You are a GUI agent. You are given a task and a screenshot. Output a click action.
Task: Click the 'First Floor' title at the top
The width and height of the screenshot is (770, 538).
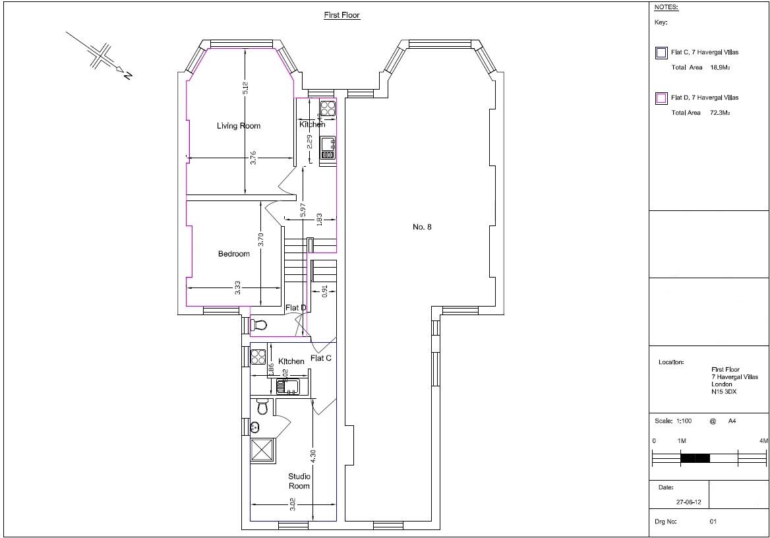341,15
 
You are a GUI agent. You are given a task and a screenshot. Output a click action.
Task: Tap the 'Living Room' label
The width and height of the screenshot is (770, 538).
239,126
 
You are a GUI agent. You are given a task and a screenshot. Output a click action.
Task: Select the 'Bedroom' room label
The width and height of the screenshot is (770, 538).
234,254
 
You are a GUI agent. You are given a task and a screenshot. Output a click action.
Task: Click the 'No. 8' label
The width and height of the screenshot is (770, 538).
422,227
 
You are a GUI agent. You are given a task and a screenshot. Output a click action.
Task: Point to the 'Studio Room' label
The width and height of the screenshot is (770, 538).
299,481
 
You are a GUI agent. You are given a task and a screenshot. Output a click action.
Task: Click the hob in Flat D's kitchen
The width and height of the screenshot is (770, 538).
328,107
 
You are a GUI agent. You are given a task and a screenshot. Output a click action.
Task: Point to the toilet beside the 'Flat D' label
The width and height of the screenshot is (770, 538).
259,325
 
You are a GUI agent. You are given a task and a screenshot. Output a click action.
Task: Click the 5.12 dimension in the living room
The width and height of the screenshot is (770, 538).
245,88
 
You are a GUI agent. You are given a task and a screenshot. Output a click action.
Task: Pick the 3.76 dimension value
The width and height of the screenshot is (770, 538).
253,158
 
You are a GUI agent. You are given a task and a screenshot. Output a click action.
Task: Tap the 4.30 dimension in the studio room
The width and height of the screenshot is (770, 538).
313,456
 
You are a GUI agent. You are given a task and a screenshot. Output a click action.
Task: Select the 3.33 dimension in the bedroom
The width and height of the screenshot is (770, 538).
237,287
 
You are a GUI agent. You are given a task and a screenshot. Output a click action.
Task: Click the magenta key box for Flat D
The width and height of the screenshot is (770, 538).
661,98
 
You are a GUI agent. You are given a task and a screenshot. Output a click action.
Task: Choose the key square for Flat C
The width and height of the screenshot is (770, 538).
661,53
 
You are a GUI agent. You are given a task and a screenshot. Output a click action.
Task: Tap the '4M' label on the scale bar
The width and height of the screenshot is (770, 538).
763,440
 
